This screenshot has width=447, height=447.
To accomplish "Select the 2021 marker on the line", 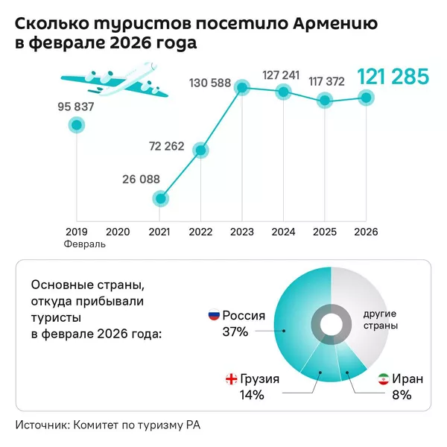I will [159, 199].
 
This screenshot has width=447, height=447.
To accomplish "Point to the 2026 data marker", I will [365, 97].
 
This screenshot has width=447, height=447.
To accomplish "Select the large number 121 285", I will [393, 77].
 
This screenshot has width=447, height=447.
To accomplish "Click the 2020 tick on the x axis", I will [118, 232].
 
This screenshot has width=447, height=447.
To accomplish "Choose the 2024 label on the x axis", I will [283, 232].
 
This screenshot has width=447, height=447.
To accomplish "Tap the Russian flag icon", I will [213, 316].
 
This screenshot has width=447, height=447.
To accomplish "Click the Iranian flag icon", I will [383, 379].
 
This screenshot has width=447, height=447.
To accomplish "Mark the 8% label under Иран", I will [402, 396].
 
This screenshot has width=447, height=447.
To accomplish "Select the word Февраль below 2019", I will [84, 244].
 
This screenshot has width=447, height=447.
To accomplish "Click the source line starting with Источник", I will [109, 425].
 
